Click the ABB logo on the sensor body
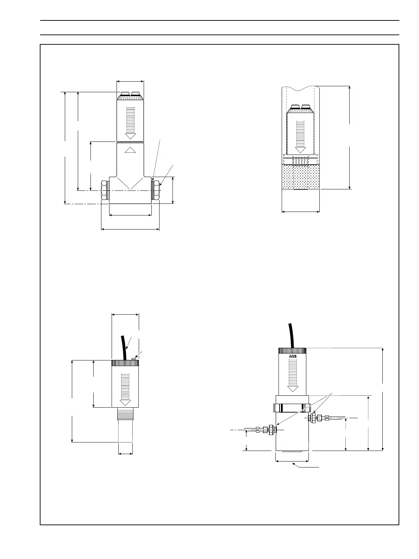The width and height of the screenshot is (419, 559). (292, 356)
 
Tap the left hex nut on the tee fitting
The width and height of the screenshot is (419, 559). (105, 190)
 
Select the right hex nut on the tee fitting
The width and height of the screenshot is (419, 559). (156, 190)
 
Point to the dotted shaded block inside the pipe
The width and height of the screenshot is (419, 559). (301, 177)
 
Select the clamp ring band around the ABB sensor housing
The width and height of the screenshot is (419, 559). (292, 408)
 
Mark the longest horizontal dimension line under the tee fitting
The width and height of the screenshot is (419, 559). (130, 230)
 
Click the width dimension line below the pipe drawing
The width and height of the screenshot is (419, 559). (301, 212)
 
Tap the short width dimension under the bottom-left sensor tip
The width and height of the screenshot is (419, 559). (125, 454)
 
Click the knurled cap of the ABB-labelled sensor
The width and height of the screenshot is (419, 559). (292, 351)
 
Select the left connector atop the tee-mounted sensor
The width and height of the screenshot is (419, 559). (125, 94)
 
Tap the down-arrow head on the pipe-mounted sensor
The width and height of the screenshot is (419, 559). (300, 150)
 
